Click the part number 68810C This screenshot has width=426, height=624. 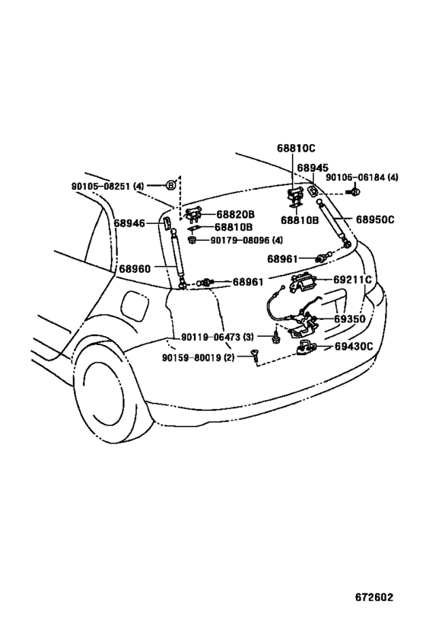click(296, 148)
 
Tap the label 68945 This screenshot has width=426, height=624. click(313, 168)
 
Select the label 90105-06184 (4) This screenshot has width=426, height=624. click(362, 177)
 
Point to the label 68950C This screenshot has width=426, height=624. click(375, 219)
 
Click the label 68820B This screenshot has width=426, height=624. click(235, 215)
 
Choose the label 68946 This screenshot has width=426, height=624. click(129, 223)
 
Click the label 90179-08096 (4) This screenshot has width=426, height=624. click(246, 240)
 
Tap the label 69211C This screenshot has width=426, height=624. click(352, 280)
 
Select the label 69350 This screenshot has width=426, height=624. click(350, 318)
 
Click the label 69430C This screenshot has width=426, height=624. click(354, 346)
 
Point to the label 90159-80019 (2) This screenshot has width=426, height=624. click(199, 357)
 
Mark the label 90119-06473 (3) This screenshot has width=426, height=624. click(217, 337)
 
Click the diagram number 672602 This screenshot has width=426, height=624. click(374, 597)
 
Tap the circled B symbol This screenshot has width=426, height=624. click(171, 185)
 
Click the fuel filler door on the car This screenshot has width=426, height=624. click(135, 306)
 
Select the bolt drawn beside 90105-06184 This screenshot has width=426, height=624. click(354, 192)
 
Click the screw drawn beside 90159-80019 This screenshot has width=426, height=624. click(254, 355)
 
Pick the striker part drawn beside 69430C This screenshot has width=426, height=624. click(305, 347)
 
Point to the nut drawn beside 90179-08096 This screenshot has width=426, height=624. click(192, 240)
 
